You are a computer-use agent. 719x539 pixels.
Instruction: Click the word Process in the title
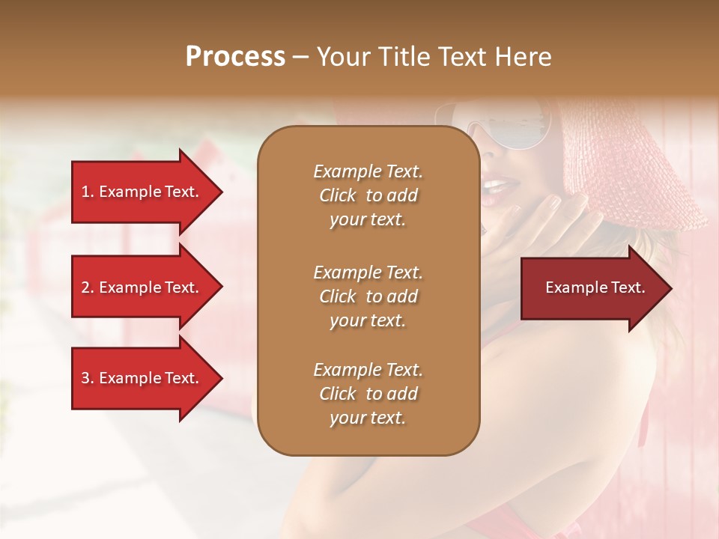pyautogui.click(x=235, y=57)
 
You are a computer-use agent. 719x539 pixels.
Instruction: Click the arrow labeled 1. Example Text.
pyautogui.click(x=142, y=192)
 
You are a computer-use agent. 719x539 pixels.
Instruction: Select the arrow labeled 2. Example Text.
pyautogui.click(x=142, y=287)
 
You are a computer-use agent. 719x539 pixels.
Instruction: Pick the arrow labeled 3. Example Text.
pyautogui.click(x=142, y=378)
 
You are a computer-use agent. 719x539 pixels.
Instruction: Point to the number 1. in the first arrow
pyautogui.click(x=88, y=192)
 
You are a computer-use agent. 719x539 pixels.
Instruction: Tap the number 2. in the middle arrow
pyautogui.click(x=88, y=287)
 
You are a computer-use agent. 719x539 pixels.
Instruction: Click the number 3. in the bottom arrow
pyautogui.click(x=88, y=378)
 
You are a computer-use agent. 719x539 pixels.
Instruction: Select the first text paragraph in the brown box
pyautogui.click(x=368, y=195)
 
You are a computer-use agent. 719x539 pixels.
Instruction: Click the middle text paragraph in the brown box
pyautogui.click(x=368, y=296)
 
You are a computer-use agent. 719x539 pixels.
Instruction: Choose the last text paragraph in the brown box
pyautogui.click(x=368, y=394)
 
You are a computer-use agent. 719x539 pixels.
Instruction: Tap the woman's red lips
pyautogui.click(x=497, y=186)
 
